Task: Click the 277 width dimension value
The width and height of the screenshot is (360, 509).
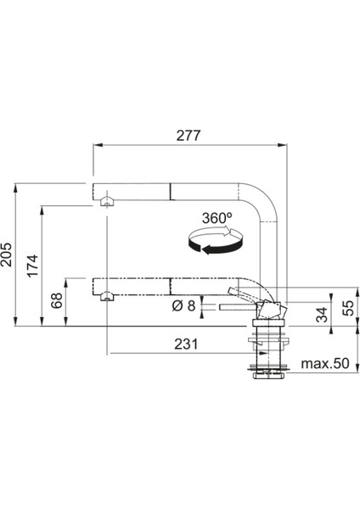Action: [188, 136]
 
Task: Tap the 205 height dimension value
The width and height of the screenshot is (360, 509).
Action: [7, 255]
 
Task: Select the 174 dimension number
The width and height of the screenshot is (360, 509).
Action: [33, 266]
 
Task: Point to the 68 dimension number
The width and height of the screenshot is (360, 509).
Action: [57, 300]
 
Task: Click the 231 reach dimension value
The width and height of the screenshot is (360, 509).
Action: [186, 344]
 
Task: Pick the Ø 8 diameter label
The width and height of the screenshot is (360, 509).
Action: [183, 305]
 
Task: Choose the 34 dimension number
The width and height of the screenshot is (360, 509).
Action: [323, 315]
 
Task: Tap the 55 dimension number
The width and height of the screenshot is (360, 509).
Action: [347, 308]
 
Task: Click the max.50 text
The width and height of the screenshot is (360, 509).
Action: [325, 364]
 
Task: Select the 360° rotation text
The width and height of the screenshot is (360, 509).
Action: [217, 218]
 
